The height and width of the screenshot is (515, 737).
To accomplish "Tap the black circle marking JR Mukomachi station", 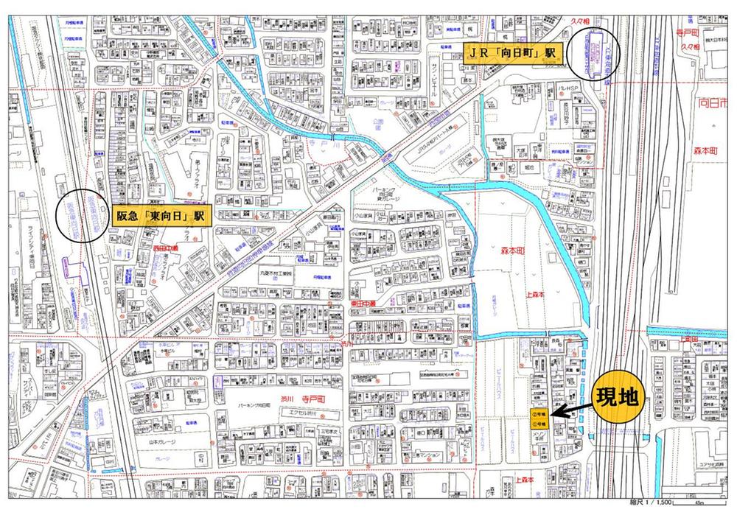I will [595, 53].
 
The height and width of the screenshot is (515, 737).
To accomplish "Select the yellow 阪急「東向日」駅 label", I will [160, 216].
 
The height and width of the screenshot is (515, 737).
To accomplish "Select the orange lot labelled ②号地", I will [539, 414].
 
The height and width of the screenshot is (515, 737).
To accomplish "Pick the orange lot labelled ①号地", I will [539, 424].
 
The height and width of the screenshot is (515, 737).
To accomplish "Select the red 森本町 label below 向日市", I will [711, 152].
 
